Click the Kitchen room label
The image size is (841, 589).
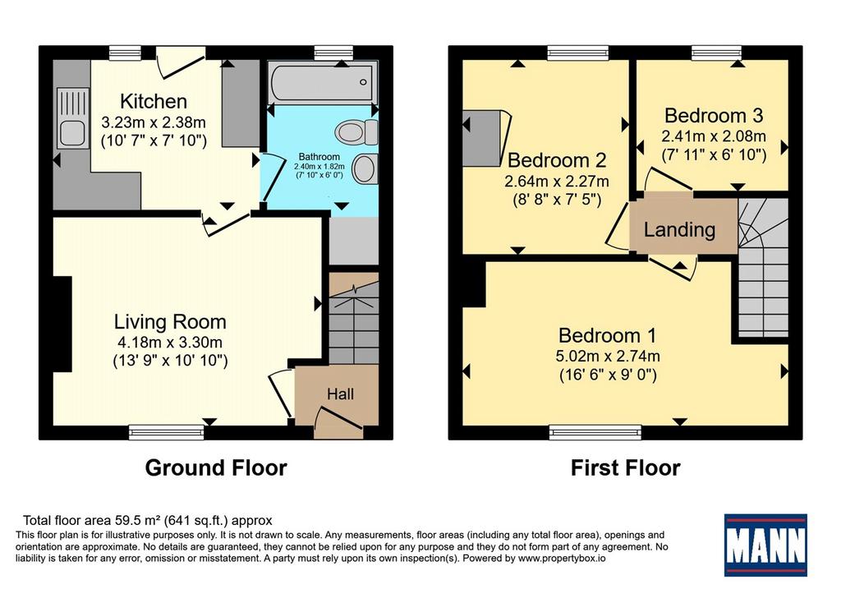coord(154,101)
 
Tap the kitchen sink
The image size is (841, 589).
coord(72,117)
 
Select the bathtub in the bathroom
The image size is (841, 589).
coord(323,83)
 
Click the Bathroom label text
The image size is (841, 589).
coord(319,157)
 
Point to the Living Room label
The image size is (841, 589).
coord(170,322)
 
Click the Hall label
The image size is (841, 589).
coord(341,394)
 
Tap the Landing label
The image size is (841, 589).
coord(679,230)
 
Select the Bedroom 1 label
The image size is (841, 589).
coord(607,335)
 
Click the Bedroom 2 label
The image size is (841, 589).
coord(557,160)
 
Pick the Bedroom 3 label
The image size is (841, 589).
coord(714,116)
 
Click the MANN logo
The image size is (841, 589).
coord(765,545)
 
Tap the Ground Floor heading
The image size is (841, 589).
coord(216,467)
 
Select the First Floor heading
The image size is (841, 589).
coord(625,467)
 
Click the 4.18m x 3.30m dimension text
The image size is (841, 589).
coord(170,342)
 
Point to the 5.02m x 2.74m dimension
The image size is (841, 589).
coord(608,356)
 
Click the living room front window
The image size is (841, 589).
coord(166,432)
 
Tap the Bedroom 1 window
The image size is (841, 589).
coord(595,432)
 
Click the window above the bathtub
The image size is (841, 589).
coord(333,53)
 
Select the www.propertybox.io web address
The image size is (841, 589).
coord(562,559)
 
